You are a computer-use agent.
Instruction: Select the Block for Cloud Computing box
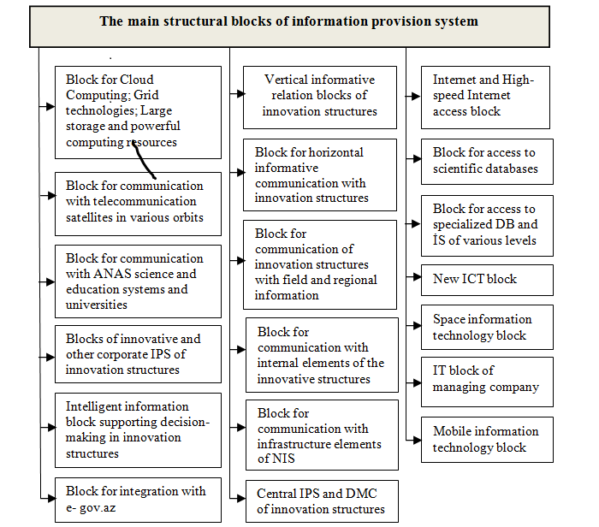(138, 112)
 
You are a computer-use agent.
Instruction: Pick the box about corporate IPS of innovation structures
(138, 354)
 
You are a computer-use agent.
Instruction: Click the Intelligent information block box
(138, 429)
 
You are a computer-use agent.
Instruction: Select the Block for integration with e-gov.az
(138, 500)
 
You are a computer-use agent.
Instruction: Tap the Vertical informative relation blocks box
(319, 96)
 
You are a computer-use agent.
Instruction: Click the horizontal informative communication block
(319, 175)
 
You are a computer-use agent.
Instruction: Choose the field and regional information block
(319, 264)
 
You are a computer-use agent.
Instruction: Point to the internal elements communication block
(322, 355)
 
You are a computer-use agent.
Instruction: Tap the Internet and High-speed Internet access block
(486, 97)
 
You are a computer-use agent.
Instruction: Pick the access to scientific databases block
(486, 161)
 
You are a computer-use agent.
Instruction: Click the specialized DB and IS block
(486, 225)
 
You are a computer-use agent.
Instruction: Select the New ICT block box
(486, 280)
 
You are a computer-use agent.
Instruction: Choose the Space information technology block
(486, 328)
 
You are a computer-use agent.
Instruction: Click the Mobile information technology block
(486, 440)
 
